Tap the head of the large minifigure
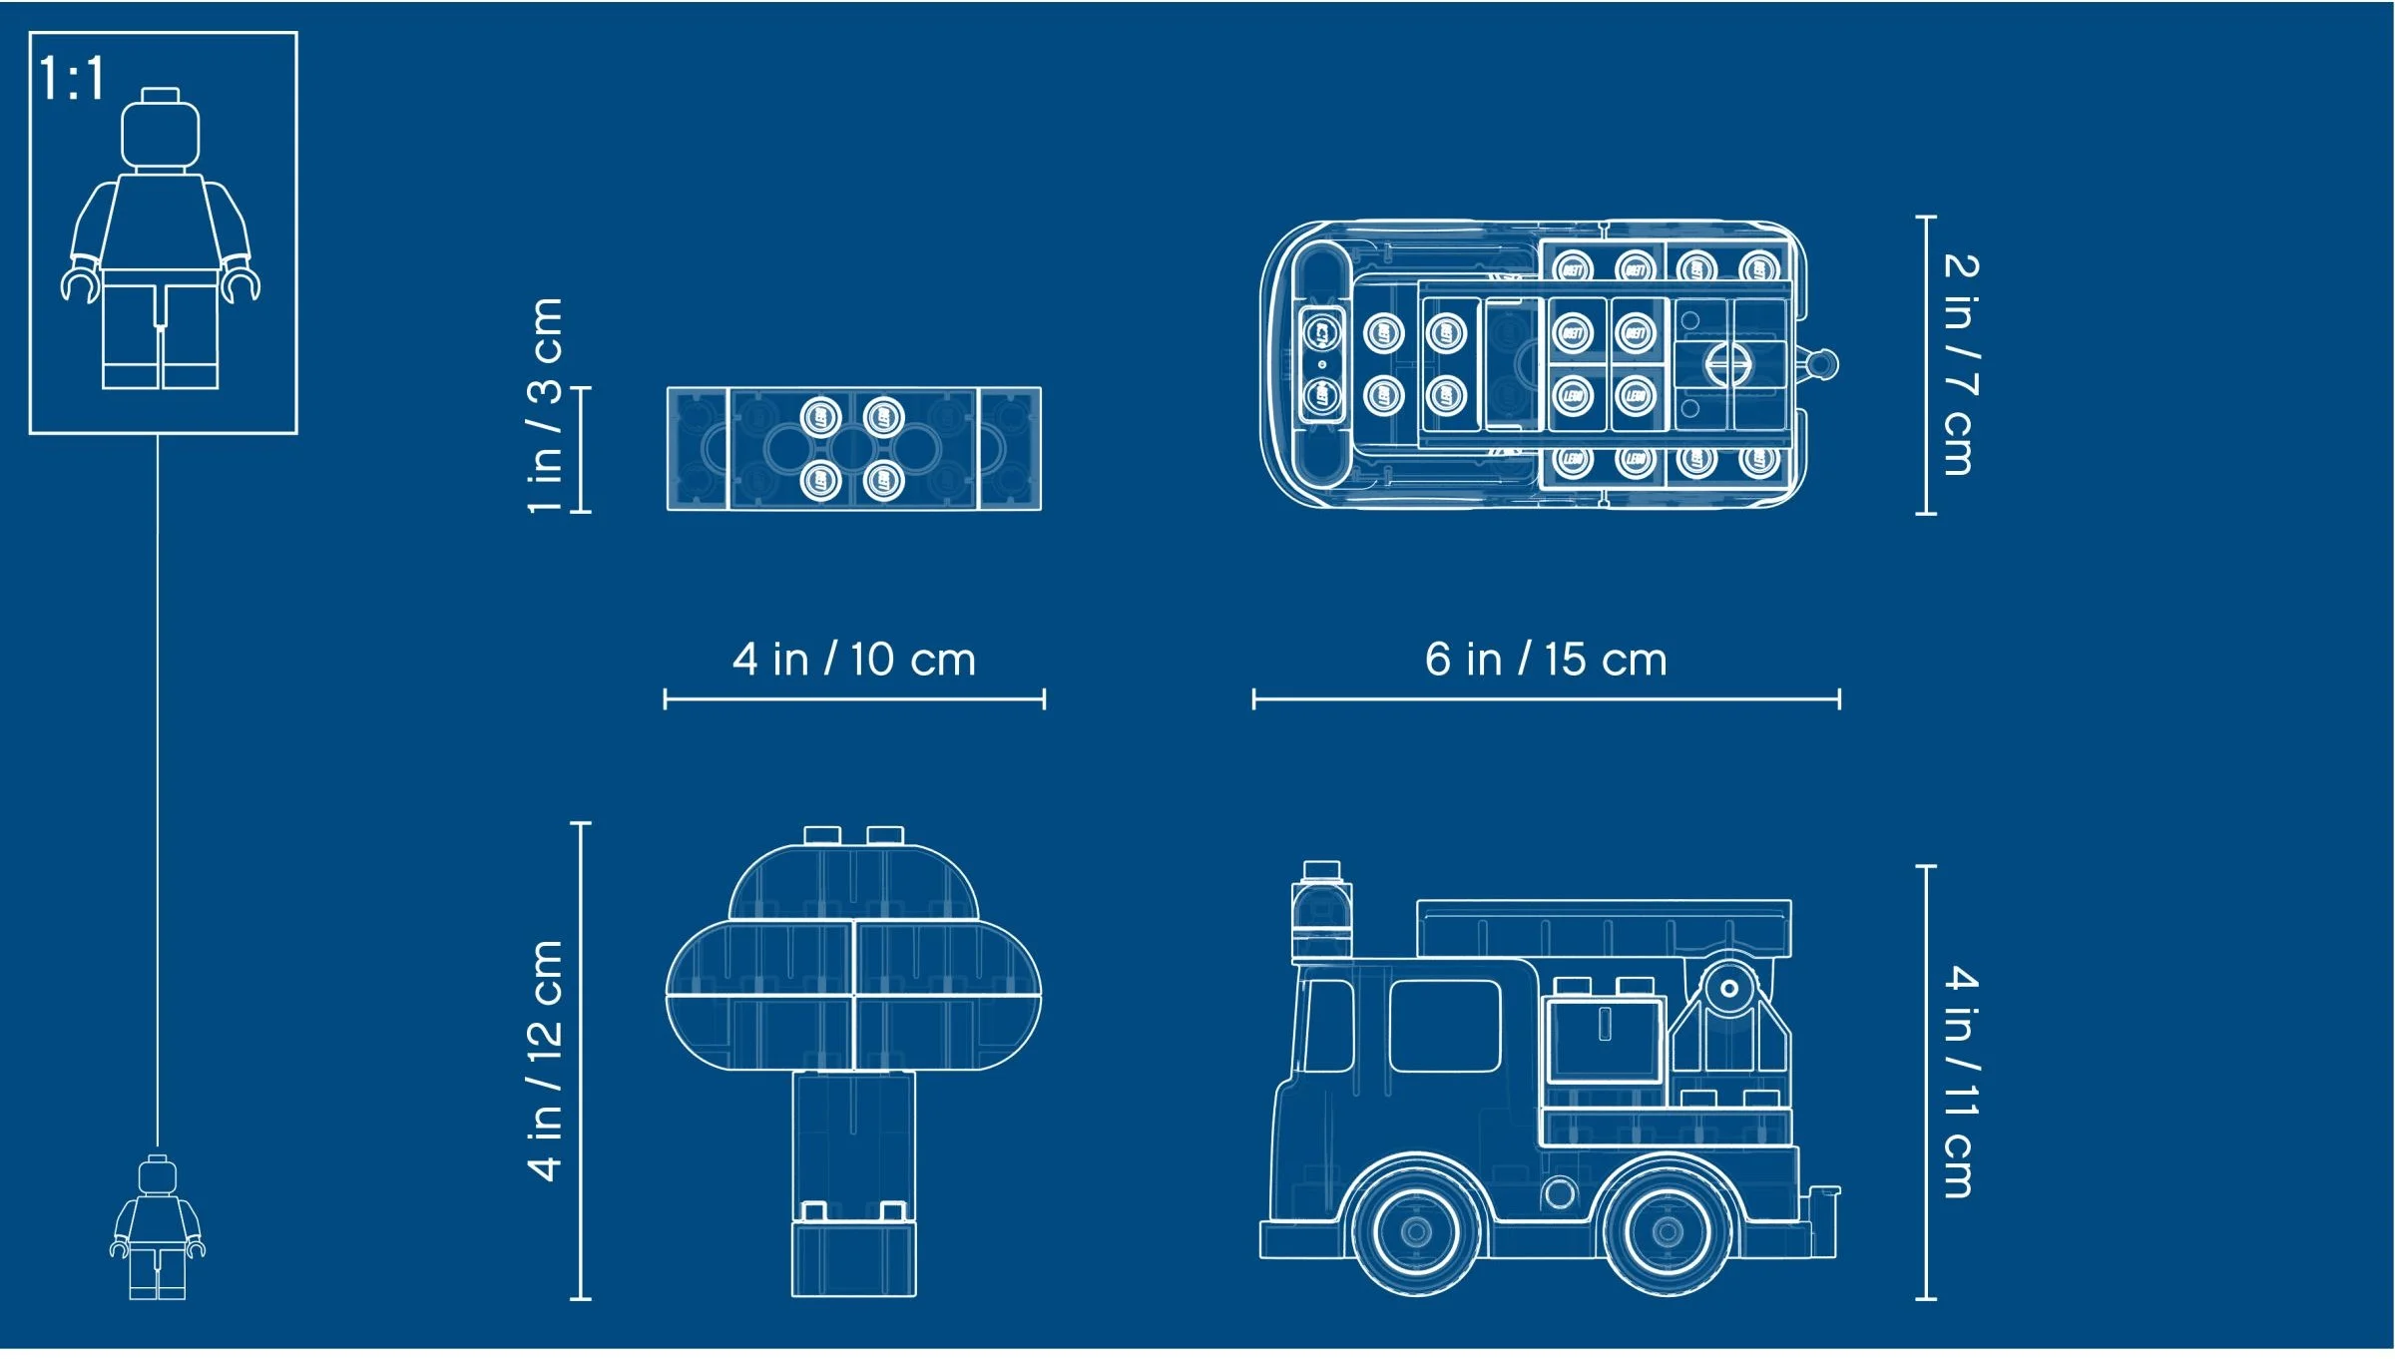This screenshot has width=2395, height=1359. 160,132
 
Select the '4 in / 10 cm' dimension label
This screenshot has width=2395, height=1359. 853,660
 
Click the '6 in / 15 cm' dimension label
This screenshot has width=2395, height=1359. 1546,660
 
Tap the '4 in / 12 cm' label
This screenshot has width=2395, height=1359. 546,1061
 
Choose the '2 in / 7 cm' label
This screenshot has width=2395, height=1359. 1959,364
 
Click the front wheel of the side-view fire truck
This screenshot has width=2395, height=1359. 1415,1231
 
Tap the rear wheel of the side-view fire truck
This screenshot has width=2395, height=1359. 1667,1231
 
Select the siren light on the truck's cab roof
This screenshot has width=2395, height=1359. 1321,908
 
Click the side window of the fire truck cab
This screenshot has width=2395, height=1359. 1444,1026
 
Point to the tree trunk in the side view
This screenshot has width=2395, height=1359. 853,1137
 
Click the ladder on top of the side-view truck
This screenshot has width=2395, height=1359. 1603,928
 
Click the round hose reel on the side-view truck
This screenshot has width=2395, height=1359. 1728,989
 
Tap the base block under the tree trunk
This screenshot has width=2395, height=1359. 853,1259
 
